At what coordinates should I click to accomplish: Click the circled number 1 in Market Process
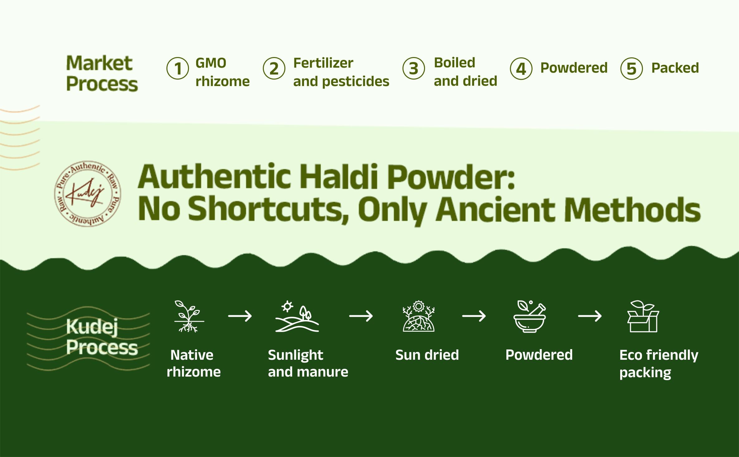pyautogui.click(x=178, y=68)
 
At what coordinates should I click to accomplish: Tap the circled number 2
pyautogui.click(x=274, y=68)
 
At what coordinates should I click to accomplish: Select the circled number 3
pyautogui.click(x=413, y=68)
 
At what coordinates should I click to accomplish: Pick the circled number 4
pyautogui.click(x=521, y=68)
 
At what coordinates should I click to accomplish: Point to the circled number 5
pyautogui.click(x=631, y=68)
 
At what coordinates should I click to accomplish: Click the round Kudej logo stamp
pyautogui.click(x=88, y=194)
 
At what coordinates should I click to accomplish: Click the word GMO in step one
pyautogui.click(x=211, y=63)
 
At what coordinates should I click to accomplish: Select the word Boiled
pyautogui.click(x=454, y=63)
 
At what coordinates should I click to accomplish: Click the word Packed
pyautogui.click(x=675, y=68)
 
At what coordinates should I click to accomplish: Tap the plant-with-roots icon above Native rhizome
pyautogui.click(x=188, y=316)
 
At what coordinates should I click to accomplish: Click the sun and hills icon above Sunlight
pyautogui.click(x=297, y=316)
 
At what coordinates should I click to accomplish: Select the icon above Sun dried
pyautogui.click(x=418, y=316)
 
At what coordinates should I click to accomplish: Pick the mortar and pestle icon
pyautogui.click(x=530, y=316)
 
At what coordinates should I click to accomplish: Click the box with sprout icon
pyautogui.click(x=643, y=316)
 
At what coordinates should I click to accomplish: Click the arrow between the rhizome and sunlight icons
pyautogui.click(x=240, y=316)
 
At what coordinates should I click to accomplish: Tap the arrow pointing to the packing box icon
pyautogui.click(x=590, y=316)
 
